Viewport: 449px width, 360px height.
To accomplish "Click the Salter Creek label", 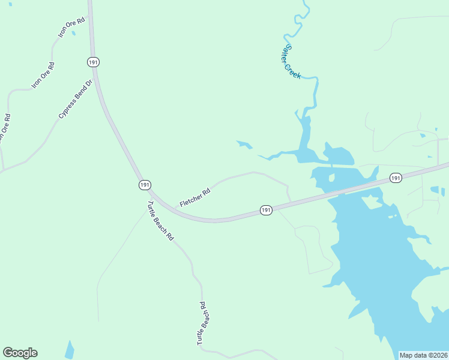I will (292, 62).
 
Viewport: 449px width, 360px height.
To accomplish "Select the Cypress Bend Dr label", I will (76, 99).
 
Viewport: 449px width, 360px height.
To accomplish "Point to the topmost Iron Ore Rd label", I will (72, 28).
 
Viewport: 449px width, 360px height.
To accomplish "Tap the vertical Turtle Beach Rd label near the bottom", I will (202, 323).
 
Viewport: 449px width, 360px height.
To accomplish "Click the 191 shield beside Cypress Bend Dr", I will (92, 62).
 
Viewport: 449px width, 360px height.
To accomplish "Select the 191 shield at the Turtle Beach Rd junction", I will (144, 185).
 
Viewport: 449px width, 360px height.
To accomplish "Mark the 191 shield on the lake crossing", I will (395, 178).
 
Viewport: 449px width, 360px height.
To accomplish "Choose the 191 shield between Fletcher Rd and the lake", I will (267, 210).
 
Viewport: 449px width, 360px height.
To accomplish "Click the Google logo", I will (20, 353).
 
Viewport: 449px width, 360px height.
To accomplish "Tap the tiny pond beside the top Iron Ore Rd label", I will (73, 33).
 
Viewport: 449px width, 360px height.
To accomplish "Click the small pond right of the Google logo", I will (70, 350).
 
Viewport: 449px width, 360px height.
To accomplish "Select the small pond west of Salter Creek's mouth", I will (244, 145).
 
